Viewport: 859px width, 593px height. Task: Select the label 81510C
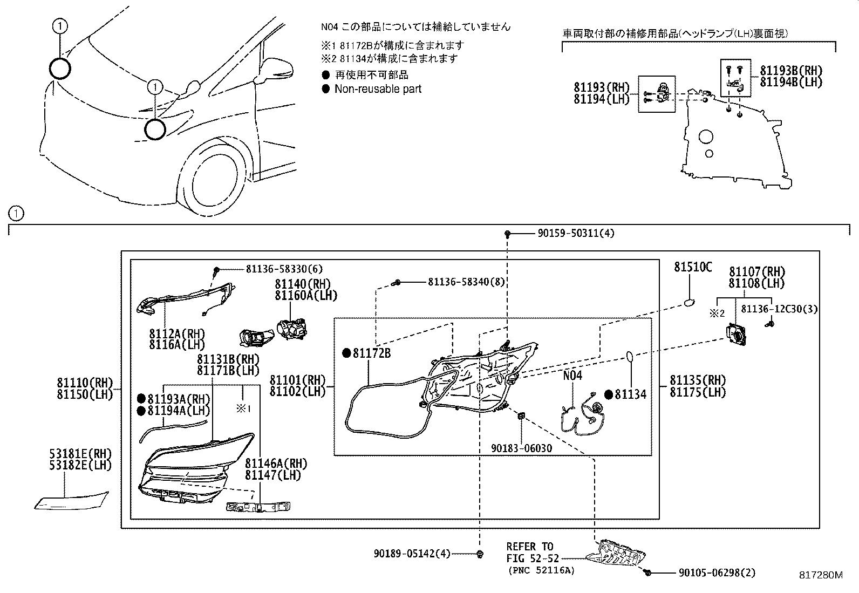pyautogui.click(x=693, y=267)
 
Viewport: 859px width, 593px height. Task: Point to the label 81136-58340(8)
pyautogui.click(x=466, y=282)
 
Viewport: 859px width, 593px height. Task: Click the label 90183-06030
pyautogui.click(x=521, y=448)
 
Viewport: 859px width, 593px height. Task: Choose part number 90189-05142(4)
pyautogui.click(x=412, y=554)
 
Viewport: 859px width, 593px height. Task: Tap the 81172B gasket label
pyautogui.click(x=372, y=353)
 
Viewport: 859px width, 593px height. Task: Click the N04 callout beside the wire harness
pyautogui.click(x=572, y=376)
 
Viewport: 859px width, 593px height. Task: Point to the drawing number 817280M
pyautogui.click(x=820, y=575)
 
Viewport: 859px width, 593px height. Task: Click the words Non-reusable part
pyautogui.click(x=378, y=89)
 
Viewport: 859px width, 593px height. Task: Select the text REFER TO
pyautogui.click(x=529, y=547)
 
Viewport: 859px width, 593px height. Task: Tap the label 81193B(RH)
pyautogui.click(x=791, y=71)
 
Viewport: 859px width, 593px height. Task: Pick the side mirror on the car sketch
pyautogui.click(x=275, y=70)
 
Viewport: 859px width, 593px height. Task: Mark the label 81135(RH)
pyautogui.click(x=698, y=380)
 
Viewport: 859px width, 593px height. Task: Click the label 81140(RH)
pyautogui.click(x=302, y=284)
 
